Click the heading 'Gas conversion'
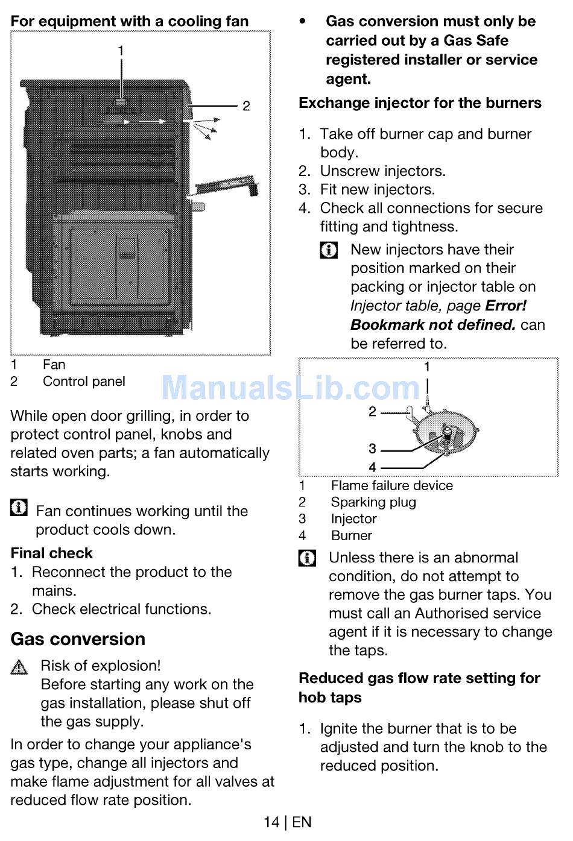(78, 639)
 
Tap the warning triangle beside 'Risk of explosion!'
(19, 667)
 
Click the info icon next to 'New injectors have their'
(329, 250)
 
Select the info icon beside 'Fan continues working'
(19, 508)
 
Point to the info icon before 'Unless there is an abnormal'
(307, 558)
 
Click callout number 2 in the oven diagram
(246, 106)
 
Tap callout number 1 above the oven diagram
(121, 51)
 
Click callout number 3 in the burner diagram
(372, 449)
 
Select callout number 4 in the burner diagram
(372, 467)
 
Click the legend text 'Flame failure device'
(391, 486)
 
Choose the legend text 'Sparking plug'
(373, 502)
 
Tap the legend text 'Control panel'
(84, 382)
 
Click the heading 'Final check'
(52, 553)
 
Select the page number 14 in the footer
(271, 822)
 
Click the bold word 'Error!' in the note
(505, 306)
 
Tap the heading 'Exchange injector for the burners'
(420, 103)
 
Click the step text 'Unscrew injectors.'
(382, 171)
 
